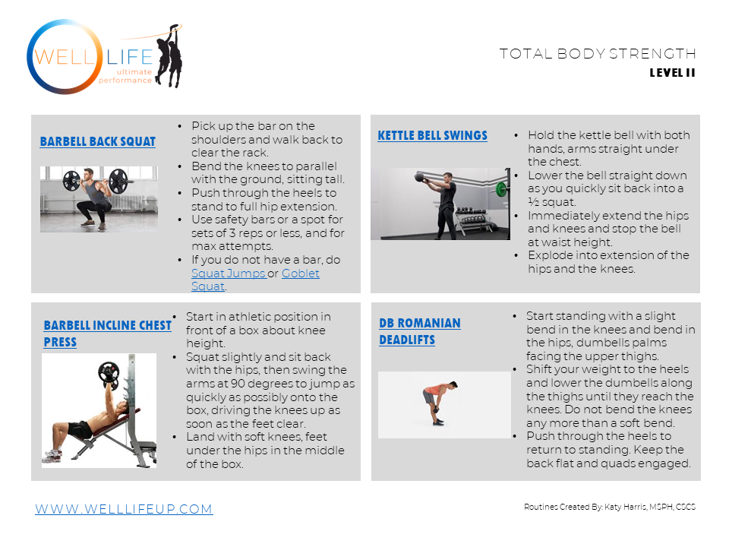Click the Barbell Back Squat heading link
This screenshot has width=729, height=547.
pos(98,141)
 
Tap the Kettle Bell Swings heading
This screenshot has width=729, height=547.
pos(432,135)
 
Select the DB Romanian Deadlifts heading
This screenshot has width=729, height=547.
pos(420,331)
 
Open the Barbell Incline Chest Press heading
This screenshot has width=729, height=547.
pos(107,334)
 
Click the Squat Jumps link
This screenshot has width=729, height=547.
pos(229,273)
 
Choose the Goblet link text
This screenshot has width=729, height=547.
pos(301,273)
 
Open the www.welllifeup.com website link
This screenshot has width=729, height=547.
pos(124,509)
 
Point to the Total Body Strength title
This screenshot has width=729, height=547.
pos(598,54)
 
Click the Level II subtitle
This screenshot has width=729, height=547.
pos(672,73)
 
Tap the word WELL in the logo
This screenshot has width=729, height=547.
pos(65,57)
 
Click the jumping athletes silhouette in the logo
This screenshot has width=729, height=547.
pos(169,55)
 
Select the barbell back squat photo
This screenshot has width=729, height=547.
pos(99,199)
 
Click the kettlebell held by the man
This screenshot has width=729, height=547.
pos(419,177)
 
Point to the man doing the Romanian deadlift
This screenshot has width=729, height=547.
pos(440,403)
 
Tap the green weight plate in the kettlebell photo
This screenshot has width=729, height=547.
pos(501,189)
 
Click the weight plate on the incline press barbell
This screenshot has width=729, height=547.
pos(109,375)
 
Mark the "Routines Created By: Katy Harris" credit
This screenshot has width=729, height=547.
pos(610,507)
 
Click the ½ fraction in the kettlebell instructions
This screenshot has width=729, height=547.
pos(533,202)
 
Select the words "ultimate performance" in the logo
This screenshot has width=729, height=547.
pos(125,76)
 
